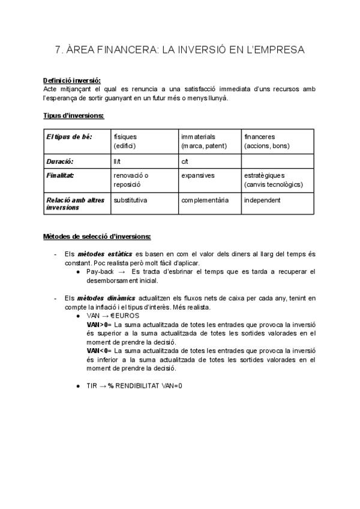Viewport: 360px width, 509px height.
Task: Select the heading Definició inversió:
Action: [72, 81]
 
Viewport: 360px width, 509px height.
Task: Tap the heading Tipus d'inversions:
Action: [74, 115]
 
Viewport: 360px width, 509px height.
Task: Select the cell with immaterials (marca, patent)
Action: [202, 141]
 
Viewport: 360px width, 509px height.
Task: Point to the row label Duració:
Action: [60, 161]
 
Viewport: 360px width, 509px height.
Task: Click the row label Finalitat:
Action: [61, 175]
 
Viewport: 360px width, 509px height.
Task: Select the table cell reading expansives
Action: [198, 175]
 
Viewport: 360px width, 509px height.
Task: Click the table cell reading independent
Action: [262, 200]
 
